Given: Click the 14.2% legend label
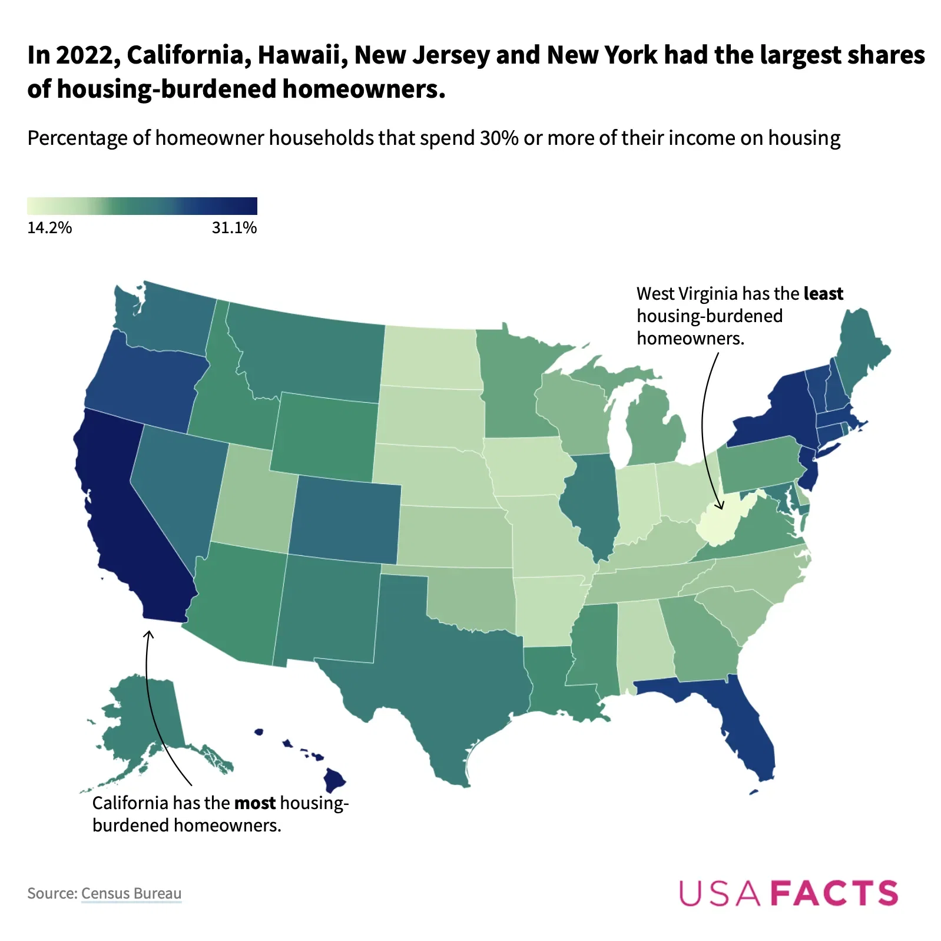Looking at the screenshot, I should pyautogui.click(x=49, y=228).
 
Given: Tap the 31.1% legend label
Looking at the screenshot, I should pyautogui.click(x=234, y=228).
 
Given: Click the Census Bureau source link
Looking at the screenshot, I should pyautogui.click(x=131, y=893).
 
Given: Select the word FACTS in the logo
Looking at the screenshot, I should pyautogui.click(x=834, y=893).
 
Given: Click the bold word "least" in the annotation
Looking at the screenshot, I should pyautogui.click(x=823, y=294).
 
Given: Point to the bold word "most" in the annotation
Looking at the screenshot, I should pyautogui.click(x=255, y=803).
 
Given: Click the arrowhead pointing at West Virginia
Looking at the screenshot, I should pyautogui.click(x=719, y=506).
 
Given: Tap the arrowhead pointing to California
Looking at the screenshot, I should pyautogui.click(x=149, y=634).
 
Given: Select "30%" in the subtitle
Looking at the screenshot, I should pyautogui.click(x=499, y=138).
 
